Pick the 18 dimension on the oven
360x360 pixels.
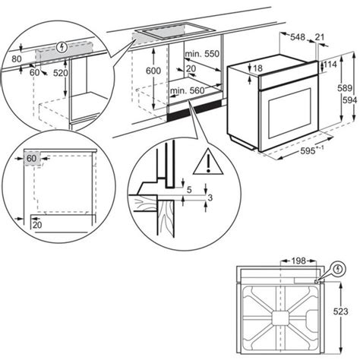(x=257, y=69)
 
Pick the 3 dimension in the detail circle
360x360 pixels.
(x=210, y=197)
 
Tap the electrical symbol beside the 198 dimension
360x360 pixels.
(x=337, y=267)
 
